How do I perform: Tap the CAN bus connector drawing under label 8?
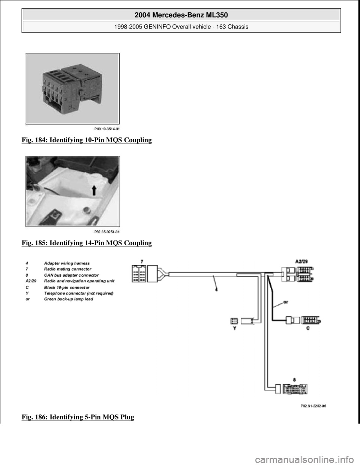pyautogui.click(x=296, y=389)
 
